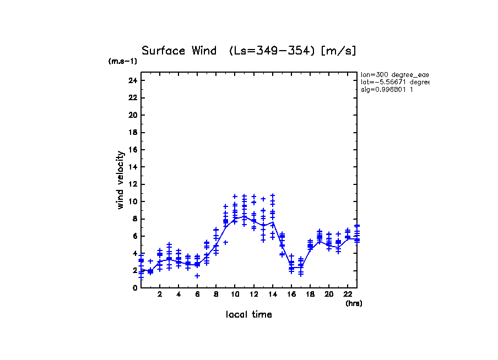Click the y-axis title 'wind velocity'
pyautogui.click(x=121, y=180)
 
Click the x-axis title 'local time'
pyautogui.click(x=249, y=315)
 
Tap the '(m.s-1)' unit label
pyautogui.click(x=123, y=62)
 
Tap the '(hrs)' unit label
pyautogui.click(x=354, y=303)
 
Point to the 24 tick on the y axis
pyautogui.click(x=133, y=80)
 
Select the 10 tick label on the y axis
pyautogui.click(x=133, y=201)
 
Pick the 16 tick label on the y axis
pyautogui.click(x=133, y=150)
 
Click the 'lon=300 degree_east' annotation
pyautogui.click(x=394, y=74)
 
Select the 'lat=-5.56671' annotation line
pyautogui.click(x=394, y=82)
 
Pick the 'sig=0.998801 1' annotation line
pyautogui.click(x=387, y=90)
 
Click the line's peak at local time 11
pyautogui.click(x=245, y=216)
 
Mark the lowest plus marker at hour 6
pyautogui.click(x=197, y=276)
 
